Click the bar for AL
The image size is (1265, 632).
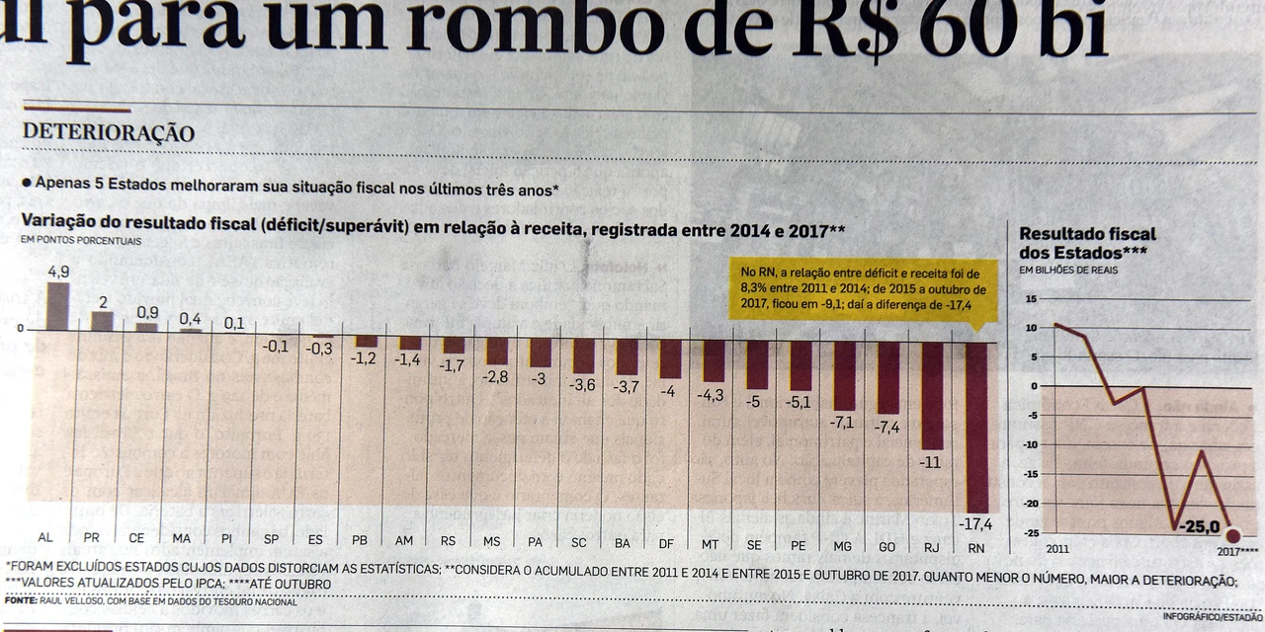[x=58, y=306]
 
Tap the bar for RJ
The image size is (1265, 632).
[x=932, y=395]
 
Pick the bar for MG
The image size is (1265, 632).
[x=844, y=375]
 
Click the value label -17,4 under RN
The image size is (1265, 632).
[x=975, y=522]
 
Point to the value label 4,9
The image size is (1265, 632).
[x=58, y=272]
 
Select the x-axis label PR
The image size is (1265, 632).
[x=92, y=538]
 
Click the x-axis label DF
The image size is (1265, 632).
[x=666, y=542]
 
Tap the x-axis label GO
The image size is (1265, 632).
[x=886, y=546]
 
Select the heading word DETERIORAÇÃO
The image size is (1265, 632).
[x=108, y=133]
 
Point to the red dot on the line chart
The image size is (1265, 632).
[x=1232, y=535]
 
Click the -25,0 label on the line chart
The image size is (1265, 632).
[x=1198, y=526]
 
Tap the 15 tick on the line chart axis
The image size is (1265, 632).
[x=1032, y=298]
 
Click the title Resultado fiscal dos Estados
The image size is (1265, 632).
[x=1087, y=243]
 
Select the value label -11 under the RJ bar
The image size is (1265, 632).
[x=931, y=461]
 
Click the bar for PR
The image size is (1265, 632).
[x=102, y=321]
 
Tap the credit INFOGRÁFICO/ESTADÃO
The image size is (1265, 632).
[x=1212, y=617]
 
